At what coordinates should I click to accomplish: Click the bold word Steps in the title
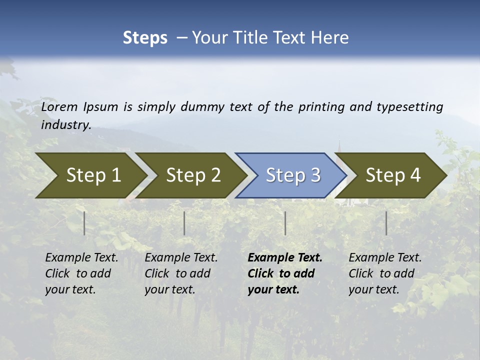(x=145, y=38)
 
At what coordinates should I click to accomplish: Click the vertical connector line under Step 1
(x=84, y=223)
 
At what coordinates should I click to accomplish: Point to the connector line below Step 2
(x=184, y=223)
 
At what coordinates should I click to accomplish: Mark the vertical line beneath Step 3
(x=285, y=223)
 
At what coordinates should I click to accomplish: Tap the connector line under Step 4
(x=386, y=223)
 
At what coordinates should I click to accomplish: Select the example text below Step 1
(x=81, y=273)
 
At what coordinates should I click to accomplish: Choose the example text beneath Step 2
(x=181, y=273)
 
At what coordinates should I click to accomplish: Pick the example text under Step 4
(x=385, y=273)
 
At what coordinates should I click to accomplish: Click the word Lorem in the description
(x=59, y=107)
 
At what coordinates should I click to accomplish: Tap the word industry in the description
(x=65, y=125)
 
